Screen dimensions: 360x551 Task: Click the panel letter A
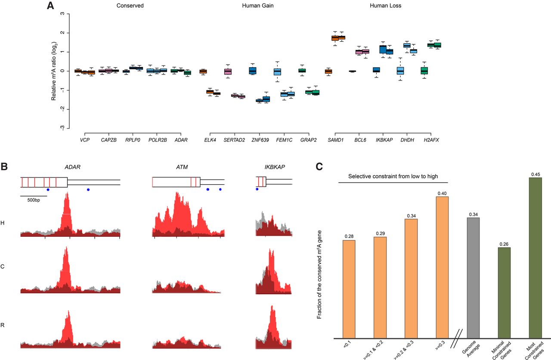[x=50, y=6]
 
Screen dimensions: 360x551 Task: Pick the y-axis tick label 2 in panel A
[x=62, y=33]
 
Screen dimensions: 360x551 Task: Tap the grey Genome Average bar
[x=473, y=278]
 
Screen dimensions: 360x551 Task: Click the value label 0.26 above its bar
[x=504, y=244]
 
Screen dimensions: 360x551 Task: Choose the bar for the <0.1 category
[x=349, y=289]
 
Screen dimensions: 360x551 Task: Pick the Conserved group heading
[x=130, y=6]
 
